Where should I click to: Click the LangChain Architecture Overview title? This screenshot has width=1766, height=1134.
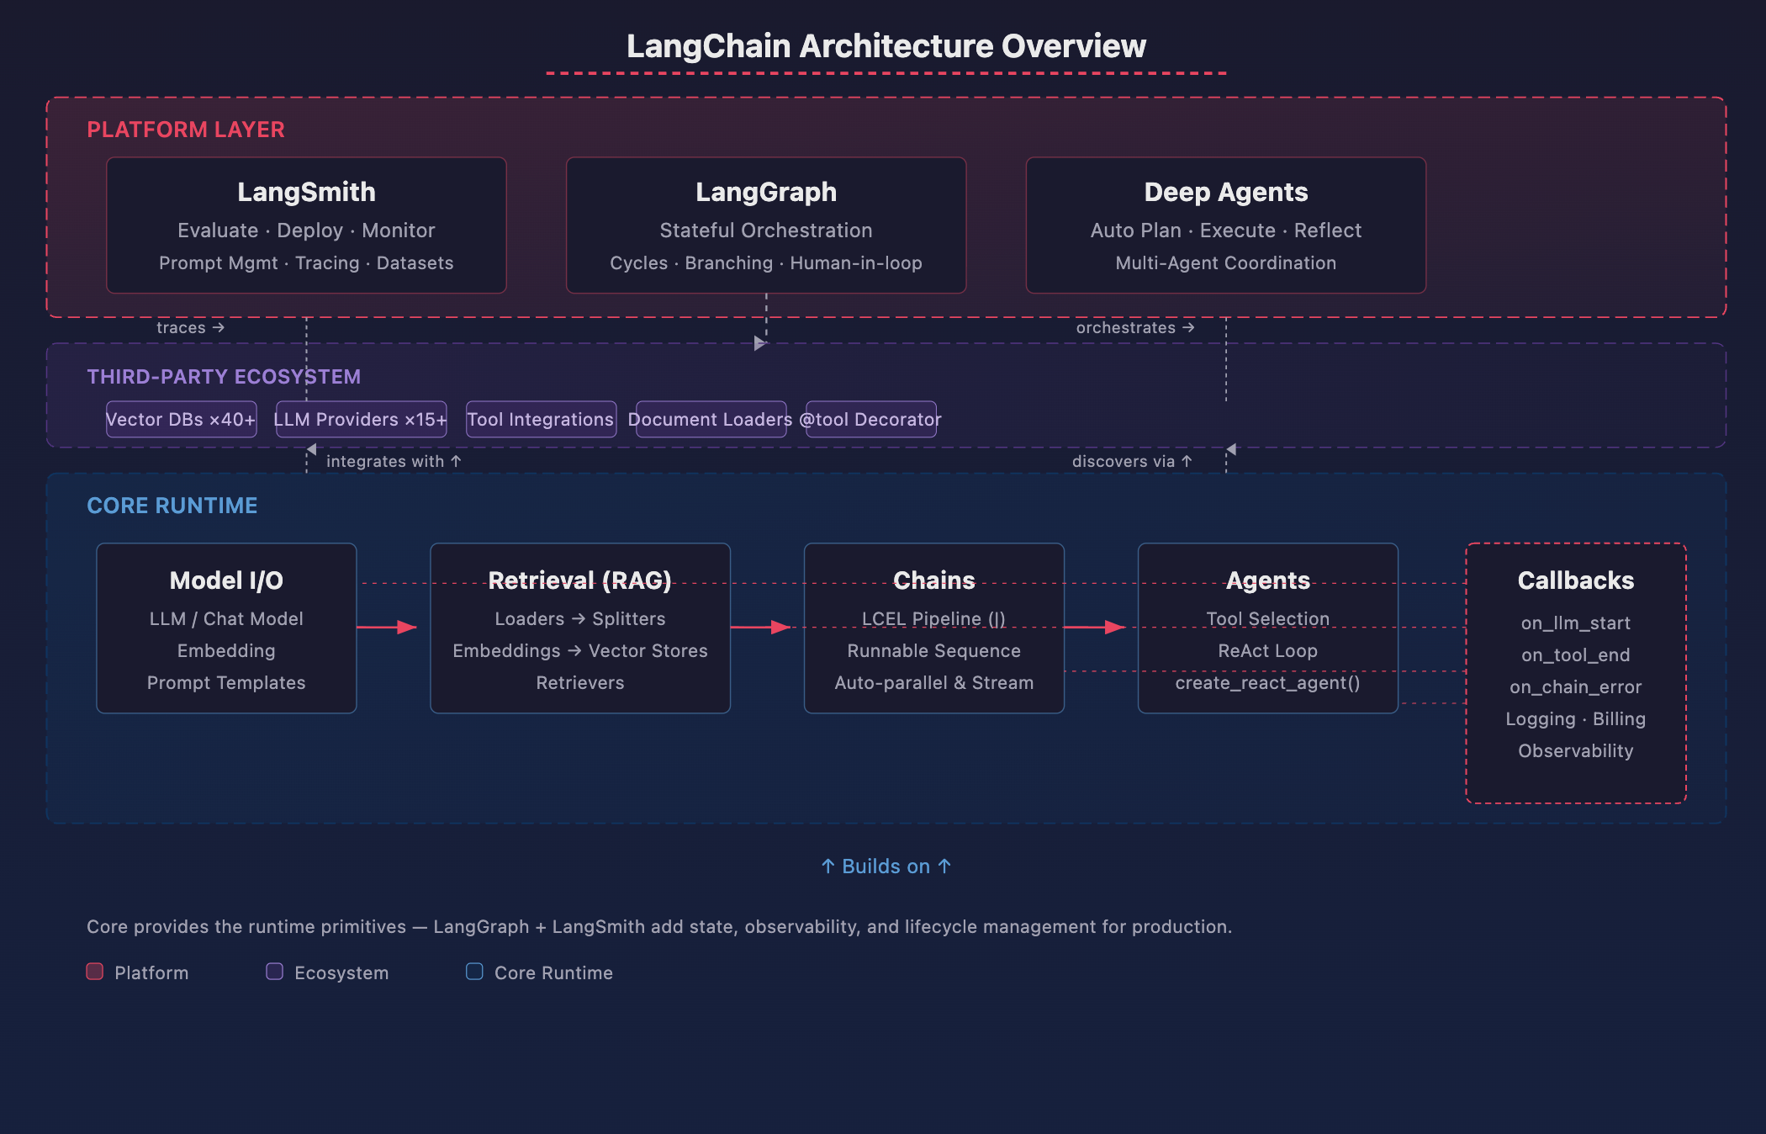tap(886, 46)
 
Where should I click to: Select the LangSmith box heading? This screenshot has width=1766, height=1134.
tap(306, 192)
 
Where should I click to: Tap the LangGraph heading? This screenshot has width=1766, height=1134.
tap(766, 192)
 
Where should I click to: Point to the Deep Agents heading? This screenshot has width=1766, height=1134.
tap(1226, 192)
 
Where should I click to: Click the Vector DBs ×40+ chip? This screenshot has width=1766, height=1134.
tap(182, 419)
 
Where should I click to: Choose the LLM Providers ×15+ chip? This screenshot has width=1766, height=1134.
tap(362, 419)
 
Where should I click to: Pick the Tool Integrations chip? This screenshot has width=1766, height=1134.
tap(541, 419)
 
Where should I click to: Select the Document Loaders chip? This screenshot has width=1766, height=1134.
tap(711, 419)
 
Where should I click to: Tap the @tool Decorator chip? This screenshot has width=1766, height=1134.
tap(871, 419)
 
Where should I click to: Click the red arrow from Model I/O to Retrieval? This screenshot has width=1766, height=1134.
tap(387, 627)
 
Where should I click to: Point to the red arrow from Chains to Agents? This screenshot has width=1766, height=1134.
tap(1095, 627)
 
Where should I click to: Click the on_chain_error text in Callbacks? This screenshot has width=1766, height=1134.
tap(1575, 687)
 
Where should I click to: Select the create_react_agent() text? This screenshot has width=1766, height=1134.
tap(1267, 683)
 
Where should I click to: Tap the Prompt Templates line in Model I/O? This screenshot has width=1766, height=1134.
tap(226, 683)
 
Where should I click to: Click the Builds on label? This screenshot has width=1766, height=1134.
tap(886, 866)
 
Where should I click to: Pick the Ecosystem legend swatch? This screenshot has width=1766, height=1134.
tap(274, 972)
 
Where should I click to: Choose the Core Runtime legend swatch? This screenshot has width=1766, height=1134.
tap(474, 972)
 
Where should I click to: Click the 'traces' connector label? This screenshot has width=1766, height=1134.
tap(191, 327)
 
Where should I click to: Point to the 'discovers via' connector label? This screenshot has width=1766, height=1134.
tap(1132, 461)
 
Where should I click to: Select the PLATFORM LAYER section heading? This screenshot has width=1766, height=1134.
tap(186, 130)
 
